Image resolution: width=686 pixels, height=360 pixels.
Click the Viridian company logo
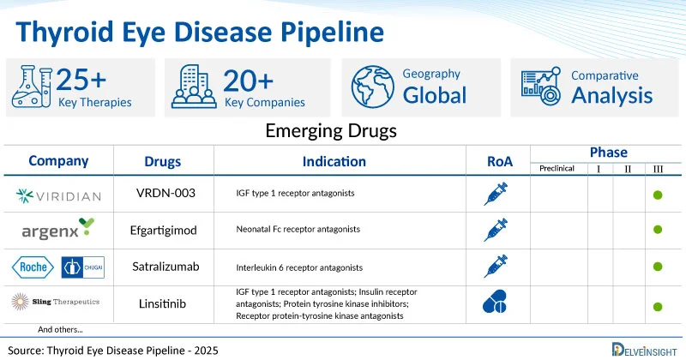(x=58, y=196)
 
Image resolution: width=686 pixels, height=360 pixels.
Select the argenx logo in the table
(x=57, y=230)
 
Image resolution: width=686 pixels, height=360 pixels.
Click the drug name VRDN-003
(x=164, y=194)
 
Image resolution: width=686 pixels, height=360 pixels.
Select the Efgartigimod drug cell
(x=164, y=230)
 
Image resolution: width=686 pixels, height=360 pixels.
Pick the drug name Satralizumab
(x=164, y=267)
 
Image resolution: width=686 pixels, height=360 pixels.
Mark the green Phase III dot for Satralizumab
(x=658, y=267)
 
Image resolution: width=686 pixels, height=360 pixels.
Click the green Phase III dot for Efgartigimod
(x=658, y=230)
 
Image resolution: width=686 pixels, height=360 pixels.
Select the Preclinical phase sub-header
(x=557, y=169)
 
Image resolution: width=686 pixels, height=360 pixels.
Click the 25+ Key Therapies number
(x=81, y=80)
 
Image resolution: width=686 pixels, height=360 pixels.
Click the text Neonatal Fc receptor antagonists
(x=298, y=230)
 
